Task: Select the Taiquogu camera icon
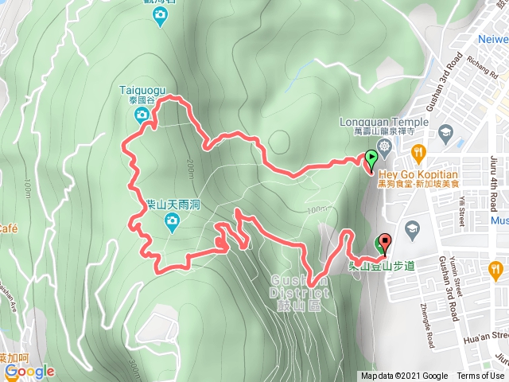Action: (x=141, y=116)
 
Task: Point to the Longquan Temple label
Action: (x=384, y=123)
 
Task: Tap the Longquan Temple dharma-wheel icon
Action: (x=386, y=146)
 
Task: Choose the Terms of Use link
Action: (x=480, y=376)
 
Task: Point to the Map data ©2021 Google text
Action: (x=404, y=376)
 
